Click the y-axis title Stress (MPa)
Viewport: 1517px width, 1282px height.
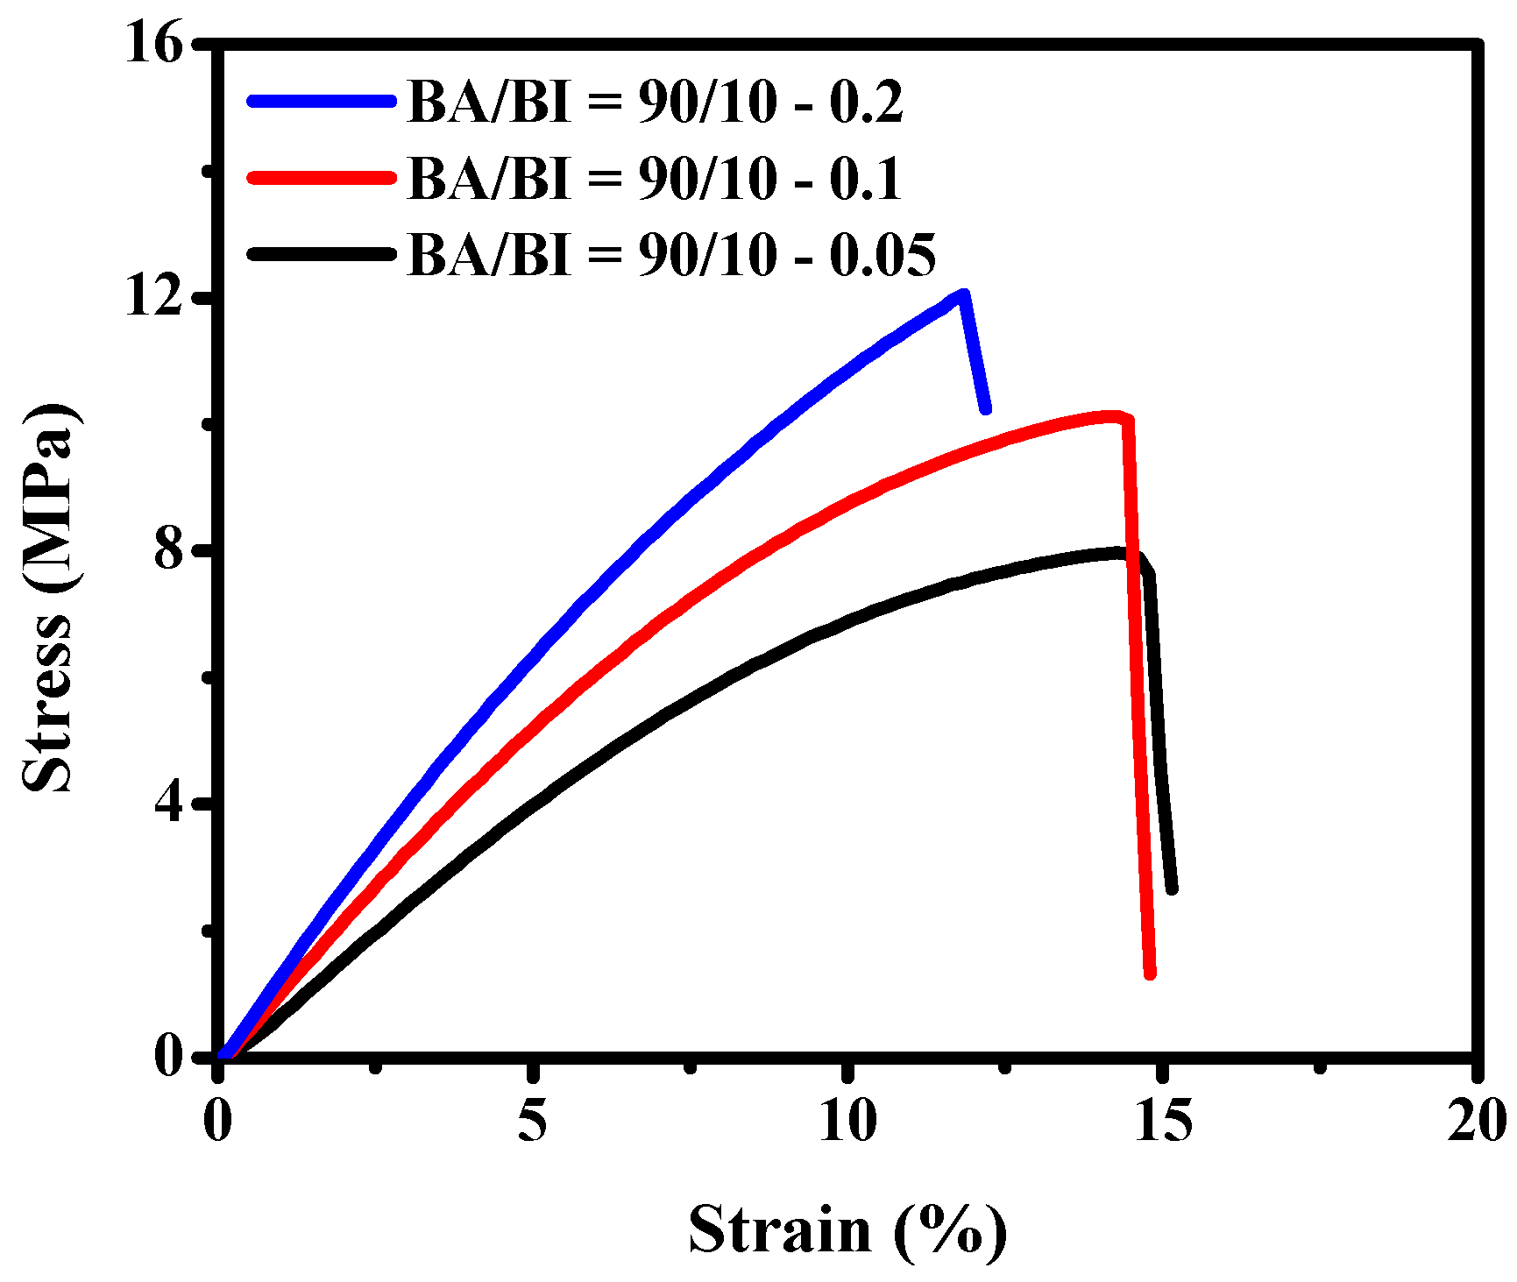pos(48,599)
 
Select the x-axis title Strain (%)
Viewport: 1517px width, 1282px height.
pos(847,1230)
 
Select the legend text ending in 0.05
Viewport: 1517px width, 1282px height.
pos(671,254)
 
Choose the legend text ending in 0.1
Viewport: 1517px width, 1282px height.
pos(655,178)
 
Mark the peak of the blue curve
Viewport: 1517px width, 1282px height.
pos(963,295)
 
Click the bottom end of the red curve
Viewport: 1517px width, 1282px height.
pos(1150,974)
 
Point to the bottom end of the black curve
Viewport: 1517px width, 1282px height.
pos(1172,889)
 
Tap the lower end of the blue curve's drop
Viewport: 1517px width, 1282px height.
pos(986,408)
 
